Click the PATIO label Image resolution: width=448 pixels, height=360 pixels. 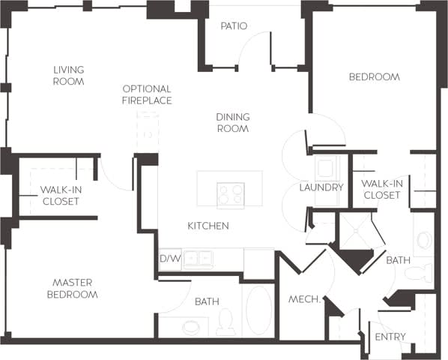234,26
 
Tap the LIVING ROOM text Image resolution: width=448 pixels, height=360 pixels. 68,76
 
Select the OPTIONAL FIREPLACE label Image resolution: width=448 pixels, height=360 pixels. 147,94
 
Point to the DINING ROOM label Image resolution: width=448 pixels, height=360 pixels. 232,123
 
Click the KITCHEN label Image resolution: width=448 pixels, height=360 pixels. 208,226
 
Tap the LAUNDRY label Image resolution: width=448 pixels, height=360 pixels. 321,187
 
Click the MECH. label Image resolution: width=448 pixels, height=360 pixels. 305,300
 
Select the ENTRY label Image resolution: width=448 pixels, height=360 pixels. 390,337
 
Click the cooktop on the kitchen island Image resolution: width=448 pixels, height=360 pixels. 230,195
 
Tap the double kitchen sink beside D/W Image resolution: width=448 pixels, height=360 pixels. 198,259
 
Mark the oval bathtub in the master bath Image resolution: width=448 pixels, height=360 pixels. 259,310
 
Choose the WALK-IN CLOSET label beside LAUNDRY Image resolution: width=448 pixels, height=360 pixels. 381,190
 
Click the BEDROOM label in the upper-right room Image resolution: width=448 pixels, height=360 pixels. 374,76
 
